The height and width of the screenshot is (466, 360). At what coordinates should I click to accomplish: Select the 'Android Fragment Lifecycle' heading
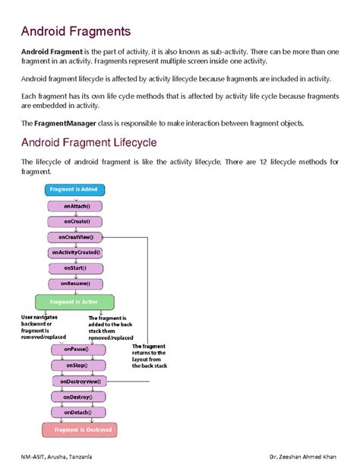pos(89,142)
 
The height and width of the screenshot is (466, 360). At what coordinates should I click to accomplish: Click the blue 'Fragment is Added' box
pos(74,189)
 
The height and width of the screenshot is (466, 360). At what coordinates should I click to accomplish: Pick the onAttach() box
pos(76,205)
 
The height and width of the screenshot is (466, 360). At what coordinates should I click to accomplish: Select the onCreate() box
pos(76,221)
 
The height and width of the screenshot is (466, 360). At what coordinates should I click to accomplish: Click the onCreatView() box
pos(76,237)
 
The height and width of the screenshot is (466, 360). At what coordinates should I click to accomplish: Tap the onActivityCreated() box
pos(76,252)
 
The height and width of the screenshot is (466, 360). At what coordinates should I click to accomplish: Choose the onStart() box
pos(76,268)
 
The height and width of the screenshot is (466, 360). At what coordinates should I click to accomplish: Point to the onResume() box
pos(76,284)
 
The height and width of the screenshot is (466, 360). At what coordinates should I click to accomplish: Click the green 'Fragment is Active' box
pos(74,302)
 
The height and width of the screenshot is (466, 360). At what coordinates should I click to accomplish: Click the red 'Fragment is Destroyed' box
pos(80,430)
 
